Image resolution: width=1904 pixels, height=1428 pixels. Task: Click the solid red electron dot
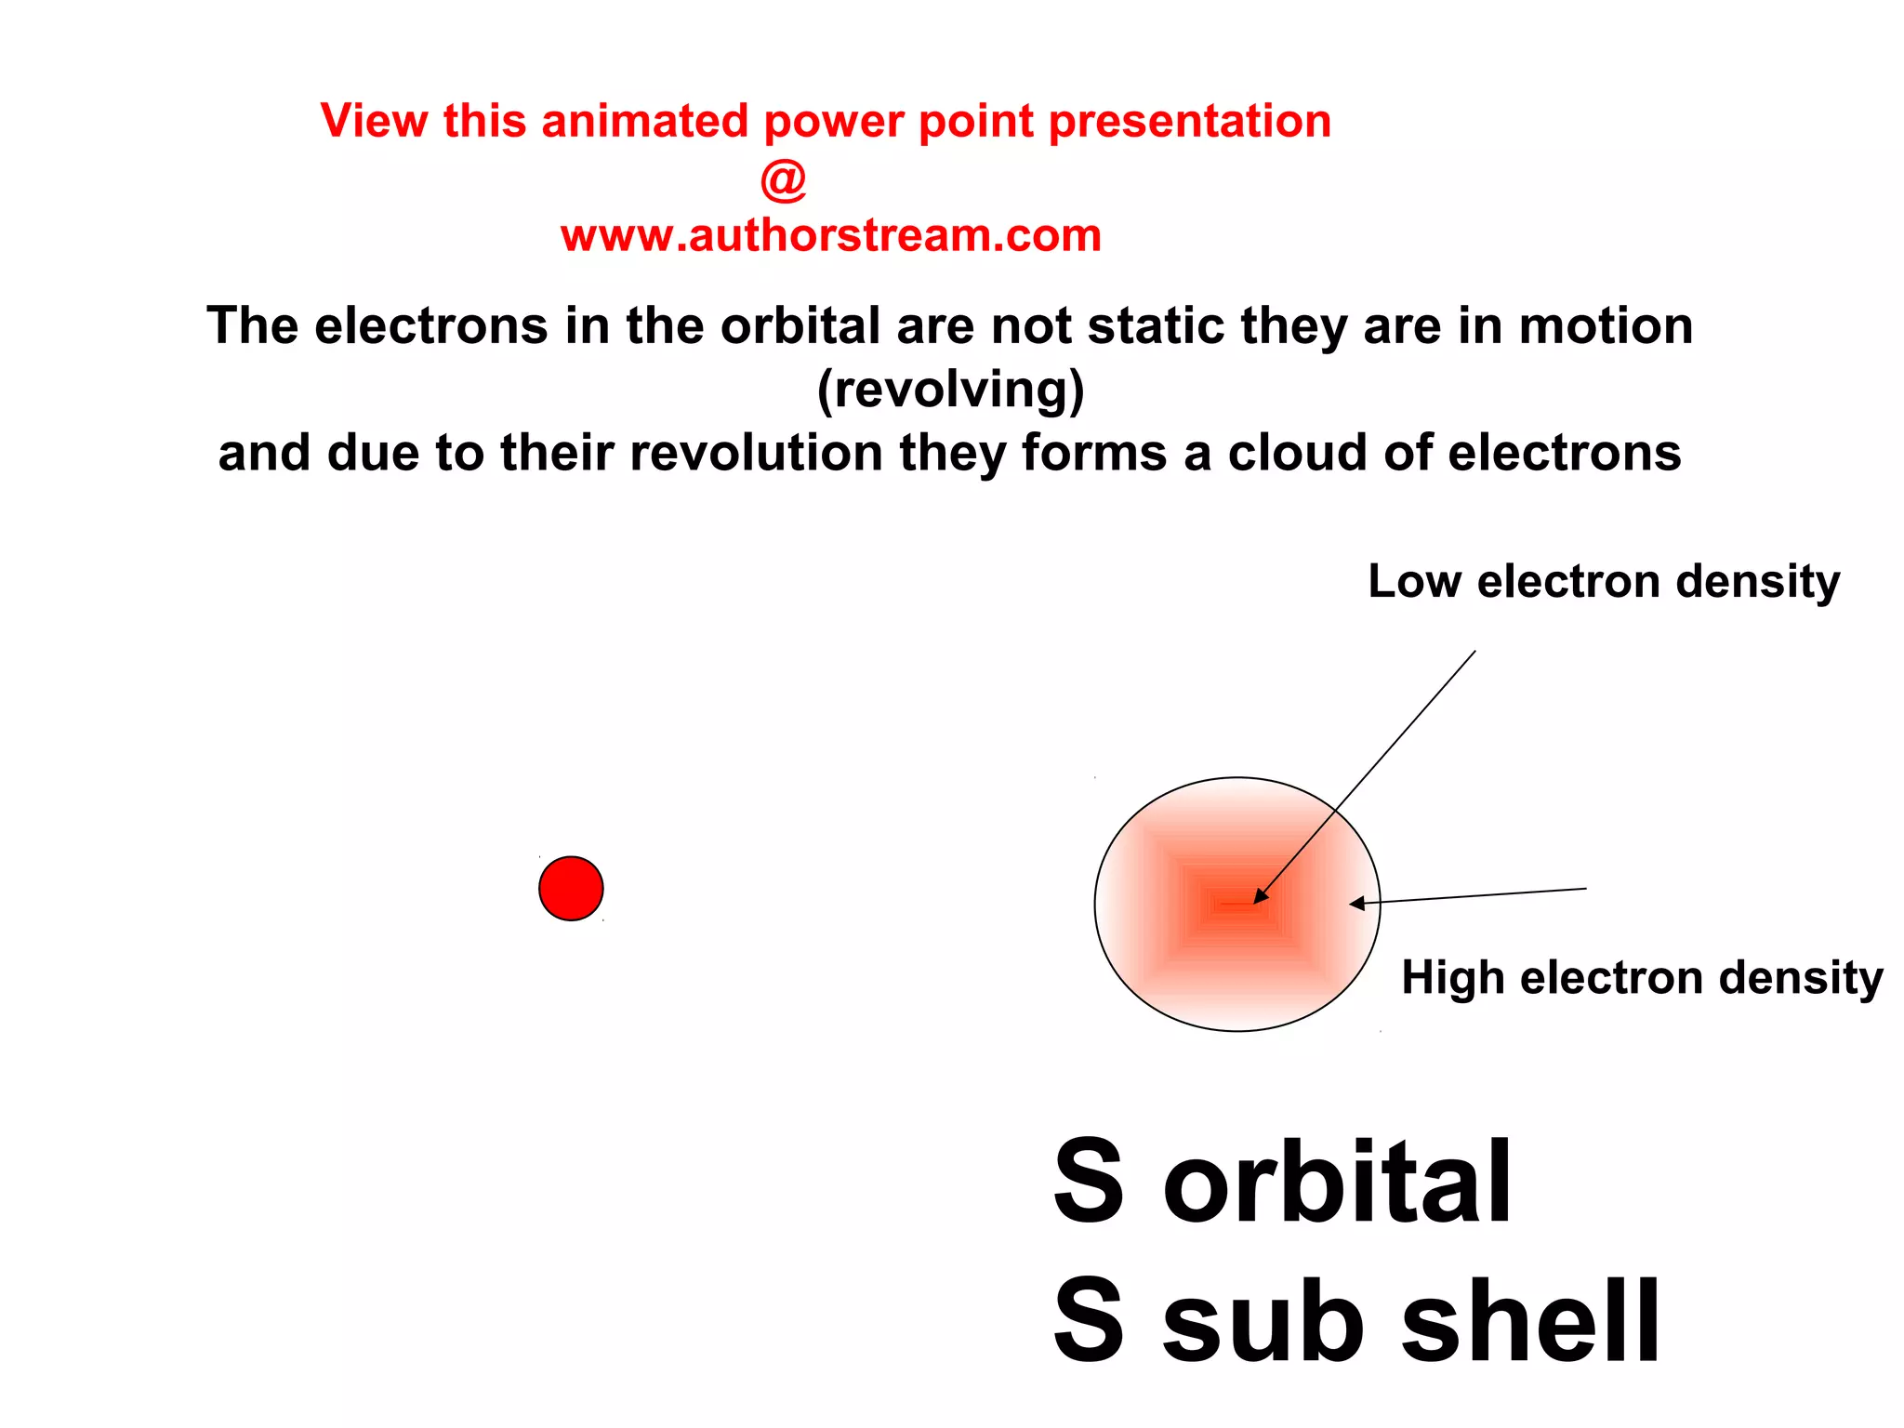(x=571, y=888)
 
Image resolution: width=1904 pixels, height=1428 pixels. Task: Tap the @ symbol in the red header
(x=783, y=178)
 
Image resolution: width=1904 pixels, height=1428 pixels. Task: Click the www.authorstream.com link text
(x=830, y=235)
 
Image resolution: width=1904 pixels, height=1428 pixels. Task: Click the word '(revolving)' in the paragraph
(x=950, y=390)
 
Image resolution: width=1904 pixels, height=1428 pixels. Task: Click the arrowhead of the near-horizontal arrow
(x=1356, y=903)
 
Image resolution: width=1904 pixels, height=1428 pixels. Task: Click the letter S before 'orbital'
(x=1090, y=1183)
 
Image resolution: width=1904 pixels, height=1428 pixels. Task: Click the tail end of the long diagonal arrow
(x=1474, y=652)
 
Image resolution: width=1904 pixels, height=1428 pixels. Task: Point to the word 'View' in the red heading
(x=375, y=122)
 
